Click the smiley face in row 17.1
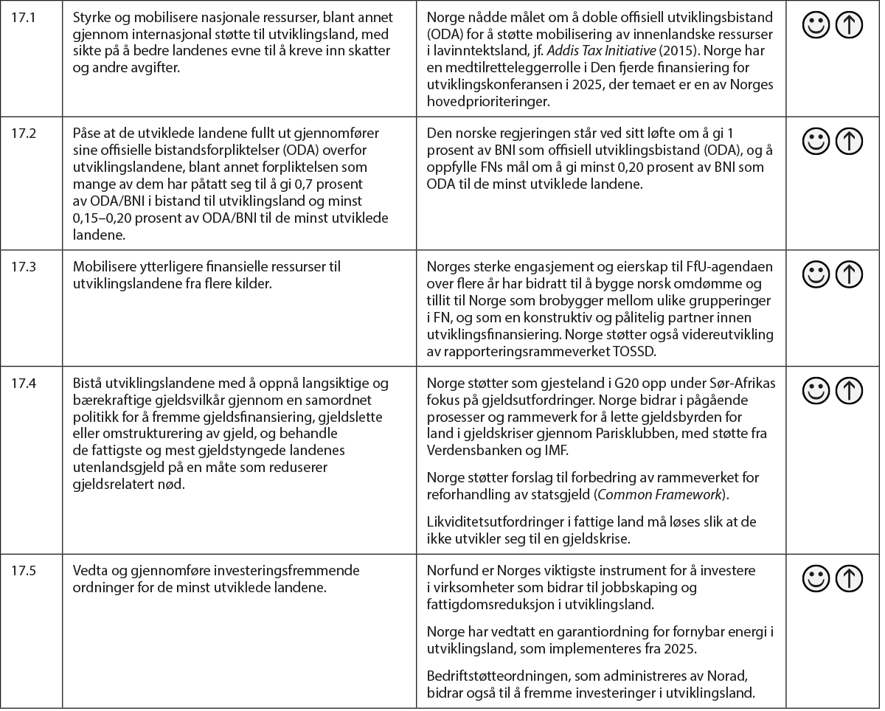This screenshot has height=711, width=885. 815,27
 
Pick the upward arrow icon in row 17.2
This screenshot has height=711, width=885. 850,141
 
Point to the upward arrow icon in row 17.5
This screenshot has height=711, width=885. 850,579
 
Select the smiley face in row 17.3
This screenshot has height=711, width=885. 815,275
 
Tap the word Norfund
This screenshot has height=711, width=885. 449,570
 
